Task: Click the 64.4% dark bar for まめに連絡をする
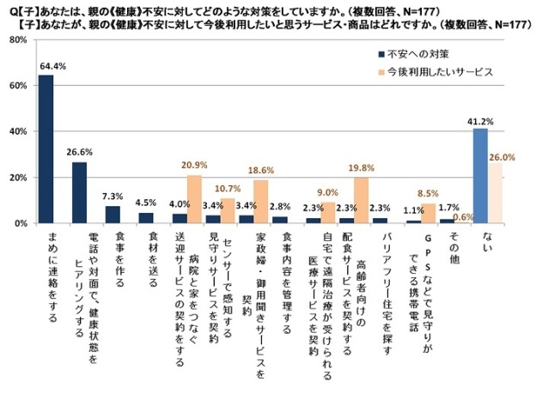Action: [x=46, y=149]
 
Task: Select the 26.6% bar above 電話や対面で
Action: [x=79, y=192]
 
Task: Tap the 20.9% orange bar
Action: [x=194, y=199]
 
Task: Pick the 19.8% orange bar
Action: [x=362, y=200]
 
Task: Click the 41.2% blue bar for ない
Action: [x=480, y=175]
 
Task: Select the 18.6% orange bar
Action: [x=261, y=202]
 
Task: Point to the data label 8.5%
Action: [x=428, y=193]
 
